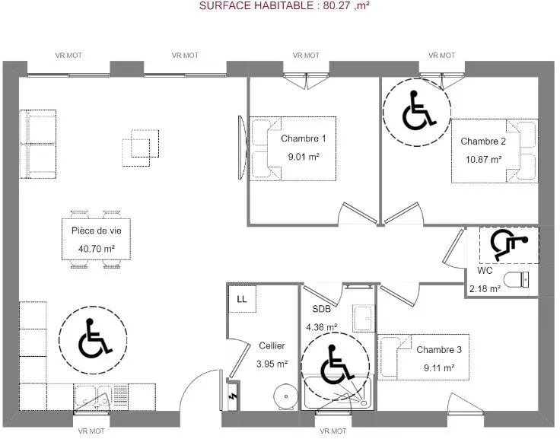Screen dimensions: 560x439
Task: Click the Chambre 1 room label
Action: [x=304, y=138]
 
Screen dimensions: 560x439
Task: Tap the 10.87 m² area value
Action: [x=483, y=159]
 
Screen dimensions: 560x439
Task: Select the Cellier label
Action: [x=272, y=345]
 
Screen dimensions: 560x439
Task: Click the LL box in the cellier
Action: [x=242, y=299]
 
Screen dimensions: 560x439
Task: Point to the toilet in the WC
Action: [x=516, y=279]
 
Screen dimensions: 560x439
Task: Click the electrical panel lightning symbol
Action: [x=233, y=396]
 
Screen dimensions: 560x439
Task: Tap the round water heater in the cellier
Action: [x=285, y=396]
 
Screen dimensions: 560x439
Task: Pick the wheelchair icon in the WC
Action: [x=508, y=245]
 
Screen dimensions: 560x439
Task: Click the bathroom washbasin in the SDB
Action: [x=364, y=318]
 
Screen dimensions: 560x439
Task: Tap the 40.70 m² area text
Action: [x=97, y=249]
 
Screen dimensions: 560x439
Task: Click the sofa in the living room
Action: [x=38, y=144]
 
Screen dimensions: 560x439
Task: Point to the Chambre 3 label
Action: [x=439, y=350]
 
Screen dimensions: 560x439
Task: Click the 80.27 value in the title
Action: [x=337, y=6]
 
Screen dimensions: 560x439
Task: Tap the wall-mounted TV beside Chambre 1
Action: [x=243, y=147]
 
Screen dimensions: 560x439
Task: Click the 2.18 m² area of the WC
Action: [x=485, y=288]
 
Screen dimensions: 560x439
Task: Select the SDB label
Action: [x=321, y=309]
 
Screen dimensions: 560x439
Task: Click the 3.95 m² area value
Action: [x=272, y=364]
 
